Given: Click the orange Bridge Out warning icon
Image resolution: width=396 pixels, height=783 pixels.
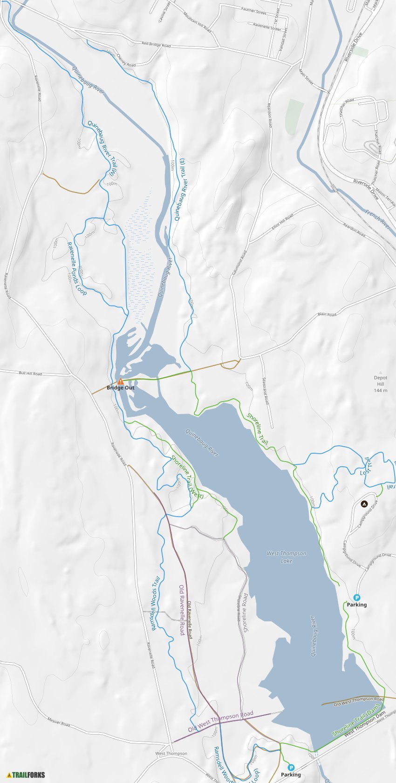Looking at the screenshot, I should click(121, 381).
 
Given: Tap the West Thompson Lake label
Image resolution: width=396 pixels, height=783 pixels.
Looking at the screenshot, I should click(287, 557).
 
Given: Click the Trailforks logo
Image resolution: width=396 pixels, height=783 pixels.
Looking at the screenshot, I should click(26, 775).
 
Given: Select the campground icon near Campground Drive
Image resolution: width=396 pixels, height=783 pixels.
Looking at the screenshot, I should click(364, 504).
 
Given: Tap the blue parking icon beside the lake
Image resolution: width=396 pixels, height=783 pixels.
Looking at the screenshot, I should click(357, 598).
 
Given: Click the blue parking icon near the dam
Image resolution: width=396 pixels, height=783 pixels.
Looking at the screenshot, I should click(291, 767).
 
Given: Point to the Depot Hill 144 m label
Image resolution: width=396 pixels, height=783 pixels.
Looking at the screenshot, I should click(381, 384).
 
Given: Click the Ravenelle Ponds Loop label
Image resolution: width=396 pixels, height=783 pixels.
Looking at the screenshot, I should click(76, 268).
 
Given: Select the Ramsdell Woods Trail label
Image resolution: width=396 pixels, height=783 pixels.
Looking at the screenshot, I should click(156, 604).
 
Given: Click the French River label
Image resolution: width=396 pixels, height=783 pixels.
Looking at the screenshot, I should click(377, 219).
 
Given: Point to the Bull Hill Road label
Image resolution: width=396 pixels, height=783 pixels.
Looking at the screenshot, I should click(30, 373).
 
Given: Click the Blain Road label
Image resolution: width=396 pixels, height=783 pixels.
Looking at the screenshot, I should click(327, 314).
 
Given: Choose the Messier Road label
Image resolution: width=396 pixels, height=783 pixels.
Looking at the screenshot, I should click(59, 722).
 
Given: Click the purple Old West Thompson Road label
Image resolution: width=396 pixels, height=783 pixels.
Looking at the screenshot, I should click(221, 721).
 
